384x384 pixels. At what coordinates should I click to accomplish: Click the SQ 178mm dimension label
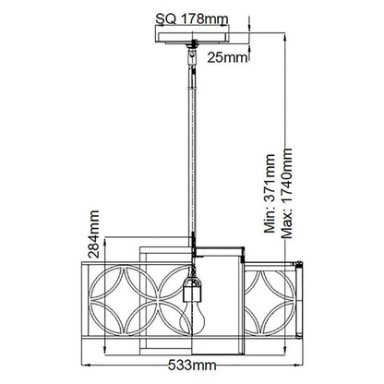click(192, 19)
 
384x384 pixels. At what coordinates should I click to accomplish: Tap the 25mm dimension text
click(227, 57)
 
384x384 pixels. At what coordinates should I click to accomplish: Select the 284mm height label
click(93, 234)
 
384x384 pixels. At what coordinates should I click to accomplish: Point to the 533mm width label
click(192, 366)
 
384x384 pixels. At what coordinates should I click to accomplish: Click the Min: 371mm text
click(270, 193)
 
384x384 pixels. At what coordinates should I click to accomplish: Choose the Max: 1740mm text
click(286, 193)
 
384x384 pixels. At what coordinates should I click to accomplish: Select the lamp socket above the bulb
click(192, 289)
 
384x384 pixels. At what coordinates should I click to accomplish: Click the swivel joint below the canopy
click(193, 53)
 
